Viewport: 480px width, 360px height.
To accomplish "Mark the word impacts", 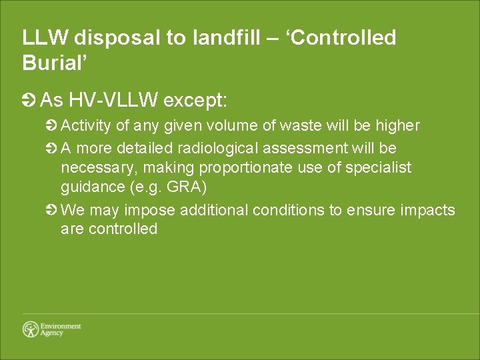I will pos(429,210).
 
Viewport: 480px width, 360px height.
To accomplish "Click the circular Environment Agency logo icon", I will pos(31,329).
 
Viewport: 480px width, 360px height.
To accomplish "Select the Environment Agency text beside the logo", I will pos(60,329).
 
